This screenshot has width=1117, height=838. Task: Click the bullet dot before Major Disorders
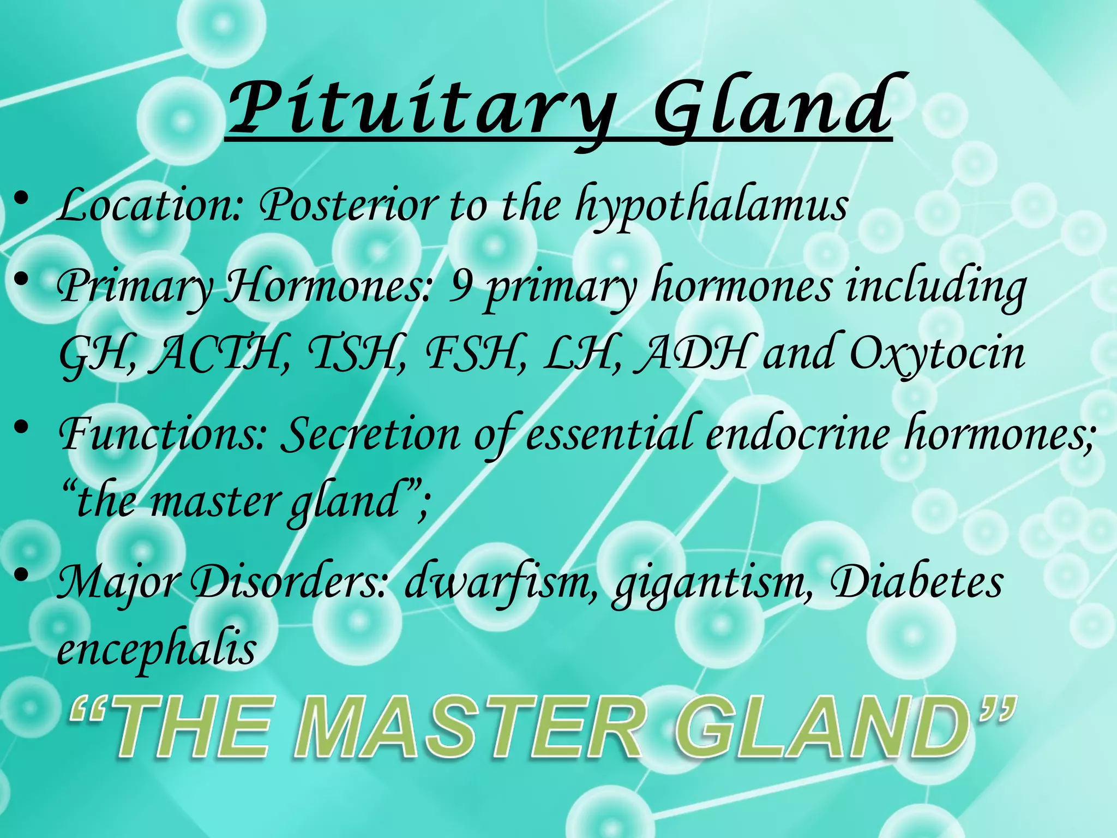(x=22, y=574)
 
